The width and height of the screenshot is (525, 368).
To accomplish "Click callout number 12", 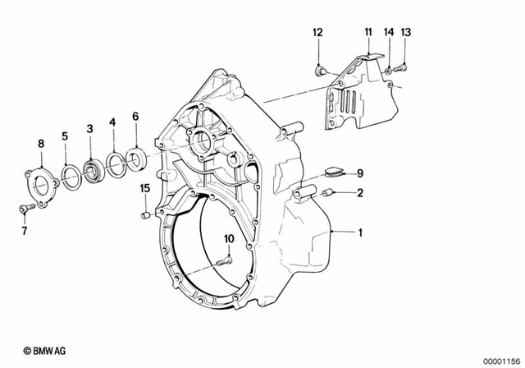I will click(x=317, y=32).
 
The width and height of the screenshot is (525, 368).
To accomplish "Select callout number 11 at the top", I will click(x=368, y=32).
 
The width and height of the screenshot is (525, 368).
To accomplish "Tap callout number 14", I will click(x=390, y=32).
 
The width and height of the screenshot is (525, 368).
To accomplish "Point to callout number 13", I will click(x=406, y=32).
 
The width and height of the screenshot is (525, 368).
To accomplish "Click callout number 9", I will click(x=358, y=172).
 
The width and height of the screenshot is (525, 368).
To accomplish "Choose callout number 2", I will click(x=358, y=193).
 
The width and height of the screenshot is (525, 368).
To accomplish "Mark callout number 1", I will click(x=358, y=232).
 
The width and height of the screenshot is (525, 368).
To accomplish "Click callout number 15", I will click(x=144, y=188).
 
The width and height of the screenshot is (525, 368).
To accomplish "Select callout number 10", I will click(x=229, y=239).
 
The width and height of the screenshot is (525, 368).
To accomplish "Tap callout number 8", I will click(x=40, y=145).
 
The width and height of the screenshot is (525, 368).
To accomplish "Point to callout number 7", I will click(x=24, y=231).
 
